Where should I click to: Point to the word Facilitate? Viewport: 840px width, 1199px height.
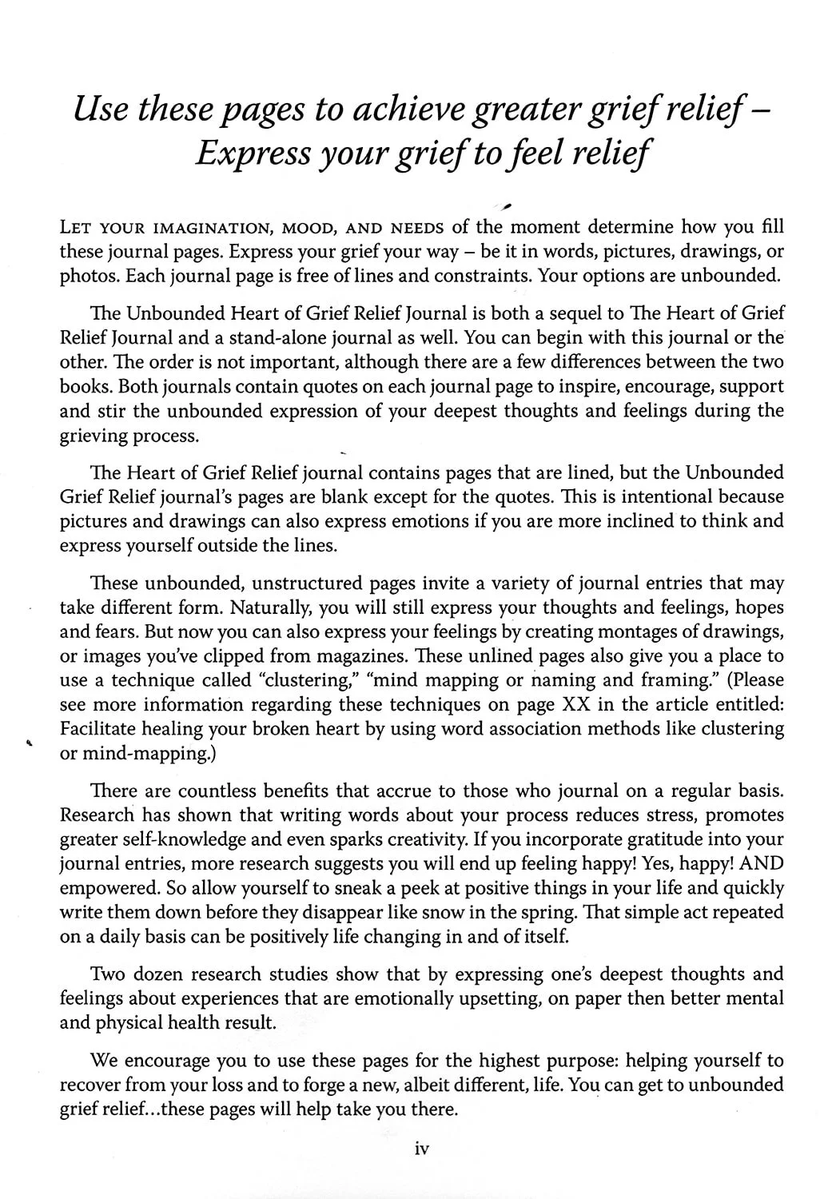[102, 729]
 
